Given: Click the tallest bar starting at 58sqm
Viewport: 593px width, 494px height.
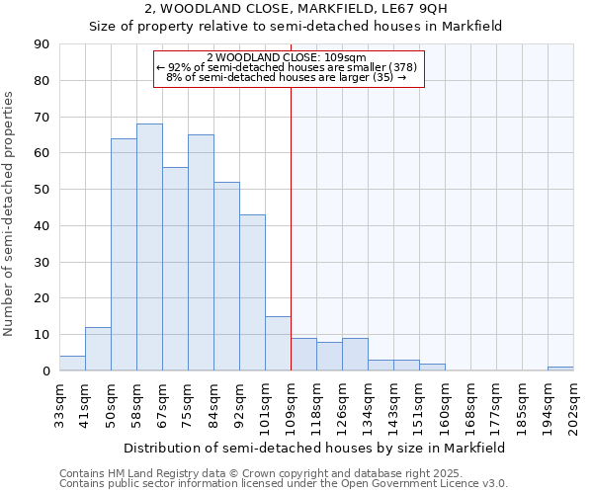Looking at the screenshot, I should click(x=149, y=247).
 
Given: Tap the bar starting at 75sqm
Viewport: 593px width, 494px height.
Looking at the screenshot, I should click(x=201, y=253).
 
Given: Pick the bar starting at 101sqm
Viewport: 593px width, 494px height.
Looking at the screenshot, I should click(x=278, y=344).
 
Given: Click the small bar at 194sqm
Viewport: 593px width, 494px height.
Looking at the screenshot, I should click(x=560, y=369).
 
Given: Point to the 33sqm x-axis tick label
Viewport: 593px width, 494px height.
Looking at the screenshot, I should click(x=59, y=403).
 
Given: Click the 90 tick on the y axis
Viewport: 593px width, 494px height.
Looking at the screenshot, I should click(x=42, y=44).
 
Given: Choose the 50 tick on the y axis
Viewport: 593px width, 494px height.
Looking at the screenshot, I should click(x=42, y=190).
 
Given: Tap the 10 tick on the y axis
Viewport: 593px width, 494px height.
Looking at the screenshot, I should click(x=42, y=335).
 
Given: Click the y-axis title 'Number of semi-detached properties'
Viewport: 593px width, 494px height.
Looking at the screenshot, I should click(x=9, y=213).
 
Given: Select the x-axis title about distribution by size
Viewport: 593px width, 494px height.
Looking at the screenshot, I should click(x=316, y=448).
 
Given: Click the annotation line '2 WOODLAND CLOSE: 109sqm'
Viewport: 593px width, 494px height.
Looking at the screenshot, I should click(x=288, y=58).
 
